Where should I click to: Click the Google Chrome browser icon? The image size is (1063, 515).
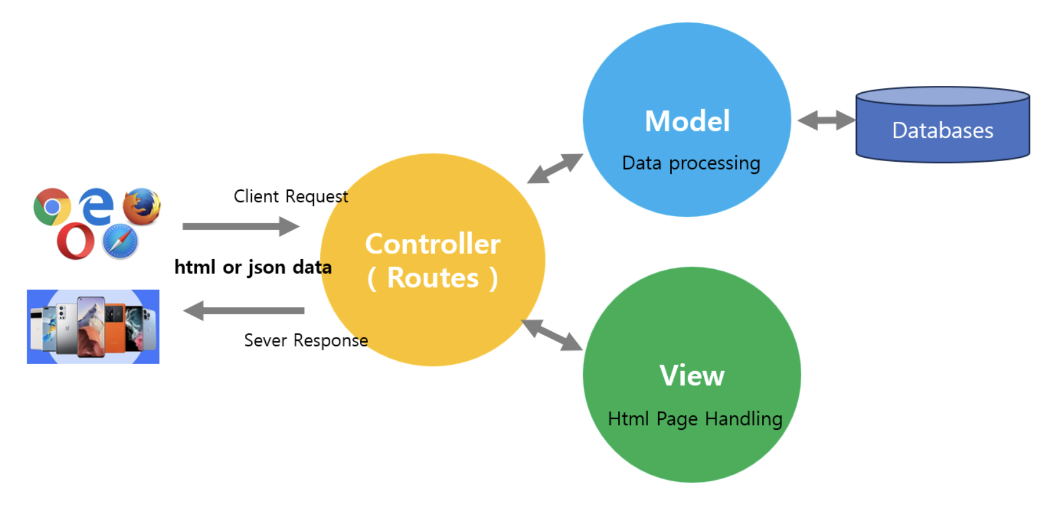click(52, 207)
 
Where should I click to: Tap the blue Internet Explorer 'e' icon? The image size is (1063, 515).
click(96, 206)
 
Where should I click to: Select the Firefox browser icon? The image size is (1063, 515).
click(142, 206)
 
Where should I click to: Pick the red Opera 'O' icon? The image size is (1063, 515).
click(75, 241)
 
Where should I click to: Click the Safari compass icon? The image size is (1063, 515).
click(121, 241)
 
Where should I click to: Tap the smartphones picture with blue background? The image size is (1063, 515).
click(93, 327)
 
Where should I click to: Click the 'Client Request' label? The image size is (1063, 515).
click(291, 197)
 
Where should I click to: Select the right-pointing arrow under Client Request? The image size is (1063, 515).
click(240, 226)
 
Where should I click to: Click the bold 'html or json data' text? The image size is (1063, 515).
click(253, 267)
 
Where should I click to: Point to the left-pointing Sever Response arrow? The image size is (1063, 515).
click(244, 311)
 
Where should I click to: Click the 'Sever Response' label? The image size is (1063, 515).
click(306, 340)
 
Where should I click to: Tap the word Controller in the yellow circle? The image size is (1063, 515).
click(433, 244)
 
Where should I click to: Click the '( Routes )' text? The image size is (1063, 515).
click(433, 278)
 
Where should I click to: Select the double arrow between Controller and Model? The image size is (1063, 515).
click(555, 169)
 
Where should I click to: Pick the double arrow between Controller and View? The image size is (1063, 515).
click(552, 335)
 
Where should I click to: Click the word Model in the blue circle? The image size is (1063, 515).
click(688, 122)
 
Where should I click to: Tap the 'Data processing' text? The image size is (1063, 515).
click(690, 164)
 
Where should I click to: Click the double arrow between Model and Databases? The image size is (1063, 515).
click(826, 121)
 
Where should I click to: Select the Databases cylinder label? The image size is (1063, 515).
click(942, 131)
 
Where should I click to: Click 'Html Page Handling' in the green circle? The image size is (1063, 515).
click(695, 419)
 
